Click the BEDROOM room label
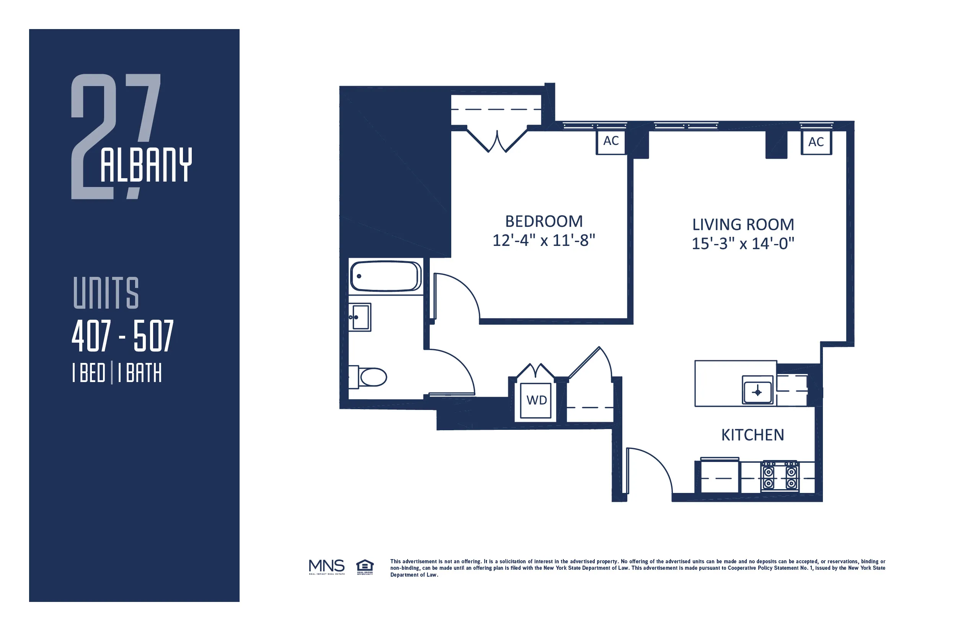coord(544,222)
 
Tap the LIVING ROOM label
coord(743,225)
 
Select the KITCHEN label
coord(752,435)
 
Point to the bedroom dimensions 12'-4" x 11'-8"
coord(544,241)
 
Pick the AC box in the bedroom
coord(610,142)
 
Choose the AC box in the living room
coord(816,142)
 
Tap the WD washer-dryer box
coord(536,400)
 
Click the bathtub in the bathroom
coord(385,276)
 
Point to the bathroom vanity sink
coord(360,317)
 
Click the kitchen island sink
coord(757,392)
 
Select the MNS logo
coord(326,567)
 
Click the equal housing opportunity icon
coord(364,567)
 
